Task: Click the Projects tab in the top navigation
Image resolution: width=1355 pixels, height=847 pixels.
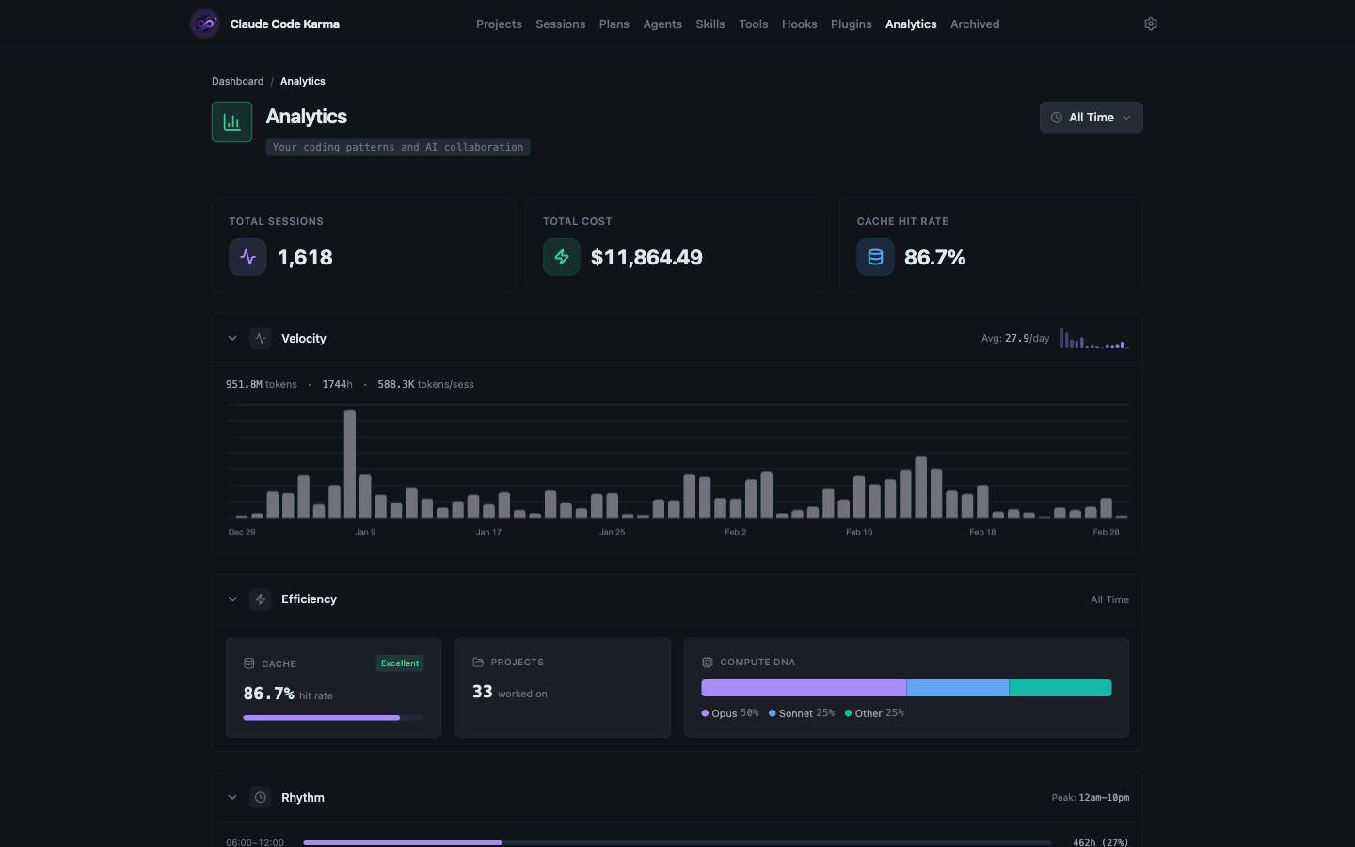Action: point(499,24)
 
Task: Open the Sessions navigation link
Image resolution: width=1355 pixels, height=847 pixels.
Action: point(560,24)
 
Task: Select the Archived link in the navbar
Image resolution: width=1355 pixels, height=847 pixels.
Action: point(974,24)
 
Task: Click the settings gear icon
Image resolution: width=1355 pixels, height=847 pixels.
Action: point(1150,24)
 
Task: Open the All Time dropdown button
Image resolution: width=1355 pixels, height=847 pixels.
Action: point(1091,118)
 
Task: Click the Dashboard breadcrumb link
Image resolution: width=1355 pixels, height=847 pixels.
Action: point(237,82)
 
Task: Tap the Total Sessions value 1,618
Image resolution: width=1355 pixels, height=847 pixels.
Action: point(305,258)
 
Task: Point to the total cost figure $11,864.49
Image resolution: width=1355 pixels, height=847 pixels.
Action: point(646,258)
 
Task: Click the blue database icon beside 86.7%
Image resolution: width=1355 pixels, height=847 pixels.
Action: point(875,257)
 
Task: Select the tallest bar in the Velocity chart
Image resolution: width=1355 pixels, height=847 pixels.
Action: point(350,464)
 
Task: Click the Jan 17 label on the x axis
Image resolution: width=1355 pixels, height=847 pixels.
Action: point(488,533)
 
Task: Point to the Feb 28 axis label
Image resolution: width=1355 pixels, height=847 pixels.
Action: point(1106,533)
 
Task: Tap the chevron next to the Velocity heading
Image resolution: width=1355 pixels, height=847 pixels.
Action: point(232,339)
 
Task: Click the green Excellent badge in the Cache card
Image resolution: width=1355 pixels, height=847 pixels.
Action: point(400,663)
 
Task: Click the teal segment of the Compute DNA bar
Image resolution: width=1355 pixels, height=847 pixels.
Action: point(1060,688)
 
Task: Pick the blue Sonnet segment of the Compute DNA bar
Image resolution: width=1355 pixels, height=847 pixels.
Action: point(957,688)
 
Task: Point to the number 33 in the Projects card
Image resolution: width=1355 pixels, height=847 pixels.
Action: point(482,692)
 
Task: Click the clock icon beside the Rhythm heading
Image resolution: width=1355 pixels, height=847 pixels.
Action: point(261,798)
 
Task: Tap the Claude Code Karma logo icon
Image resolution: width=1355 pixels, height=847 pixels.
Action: point(205,24)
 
